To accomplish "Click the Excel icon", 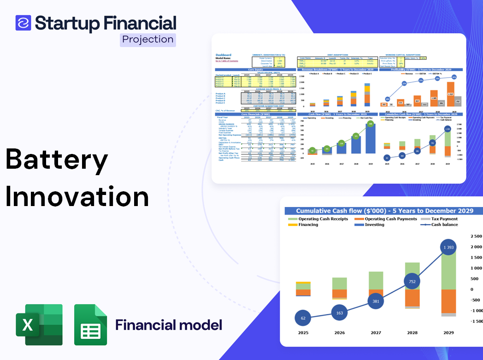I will point(39,325).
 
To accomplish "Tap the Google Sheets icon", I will point(91,325).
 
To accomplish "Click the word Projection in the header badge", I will point(148,40).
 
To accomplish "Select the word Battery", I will point(57,161).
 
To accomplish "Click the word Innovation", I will point(77,196).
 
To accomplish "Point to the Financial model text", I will point(169,325).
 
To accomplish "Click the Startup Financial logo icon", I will point(23,23).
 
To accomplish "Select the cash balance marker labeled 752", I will point(412,281).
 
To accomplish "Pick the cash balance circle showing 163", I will point(340,313).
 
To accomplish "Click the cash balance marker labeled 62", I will point(303,318).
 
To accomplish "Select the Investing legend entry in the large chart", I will point(374,224).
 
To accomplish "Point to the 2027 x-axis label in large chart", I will point(376,332).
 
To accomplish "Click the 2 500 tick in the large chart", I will point(476,236).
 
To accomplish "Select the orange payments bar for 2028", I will point(412,297).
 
